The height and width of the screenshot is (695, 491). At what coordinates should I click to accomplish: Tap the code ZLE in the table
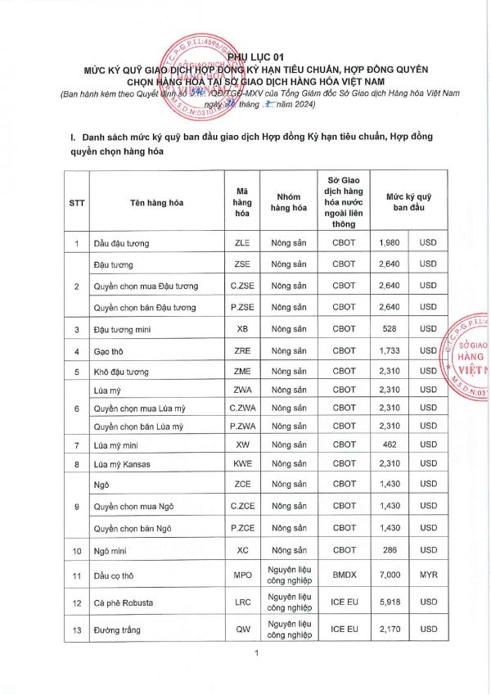pyautogui.click(x=242, y=243)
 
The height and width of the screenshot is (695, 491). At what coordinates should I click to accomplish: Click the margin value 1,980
pyautogui.click(x=390, y=243)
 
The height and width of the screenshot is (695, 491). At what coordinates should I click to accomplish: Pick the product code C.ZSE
pyautogui.click(x=242, y=286)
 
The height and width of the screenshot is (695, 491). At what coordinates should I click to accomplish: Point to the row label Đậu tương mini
pyautogui.click(x=123, y=329)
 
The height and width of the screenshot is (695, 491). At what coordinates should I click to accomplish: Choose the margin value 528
pyautogui.click(x=390, y=329)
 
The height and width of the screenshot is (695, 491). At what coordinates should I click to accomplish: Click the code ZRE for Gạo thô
pyautogui.click(x=242, y=350)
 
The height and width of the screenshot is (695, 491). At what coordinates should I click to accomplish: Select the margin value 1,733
pyautogui.click(x=390, y=350)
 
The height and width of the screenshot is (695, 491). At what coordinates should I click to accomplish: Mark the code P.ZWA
pyautogui.click(x=242, y=426)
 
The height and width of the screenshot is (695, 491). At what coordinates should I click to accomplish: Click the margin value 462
pyautogui.click(x=390, y=445)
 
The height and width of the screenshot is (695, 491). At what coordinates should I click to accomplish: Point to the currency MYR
pyautogui.click(x=429, y=575)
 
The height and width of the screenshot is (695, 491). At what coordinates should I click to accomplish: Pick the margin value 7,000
pyautogui.click(x=390, y=575)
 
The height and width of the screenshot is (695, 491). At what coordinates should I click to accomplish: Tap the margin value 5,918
pyautogui.click(x=390, y=603)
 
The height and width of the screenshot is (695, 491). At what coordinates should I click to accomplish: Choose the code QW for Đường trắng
pyautogui.click(x=242, y=630)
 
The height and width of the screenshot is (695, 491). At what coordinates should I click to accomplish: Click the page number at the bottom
pyautogui.click(x=256, y=652)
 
